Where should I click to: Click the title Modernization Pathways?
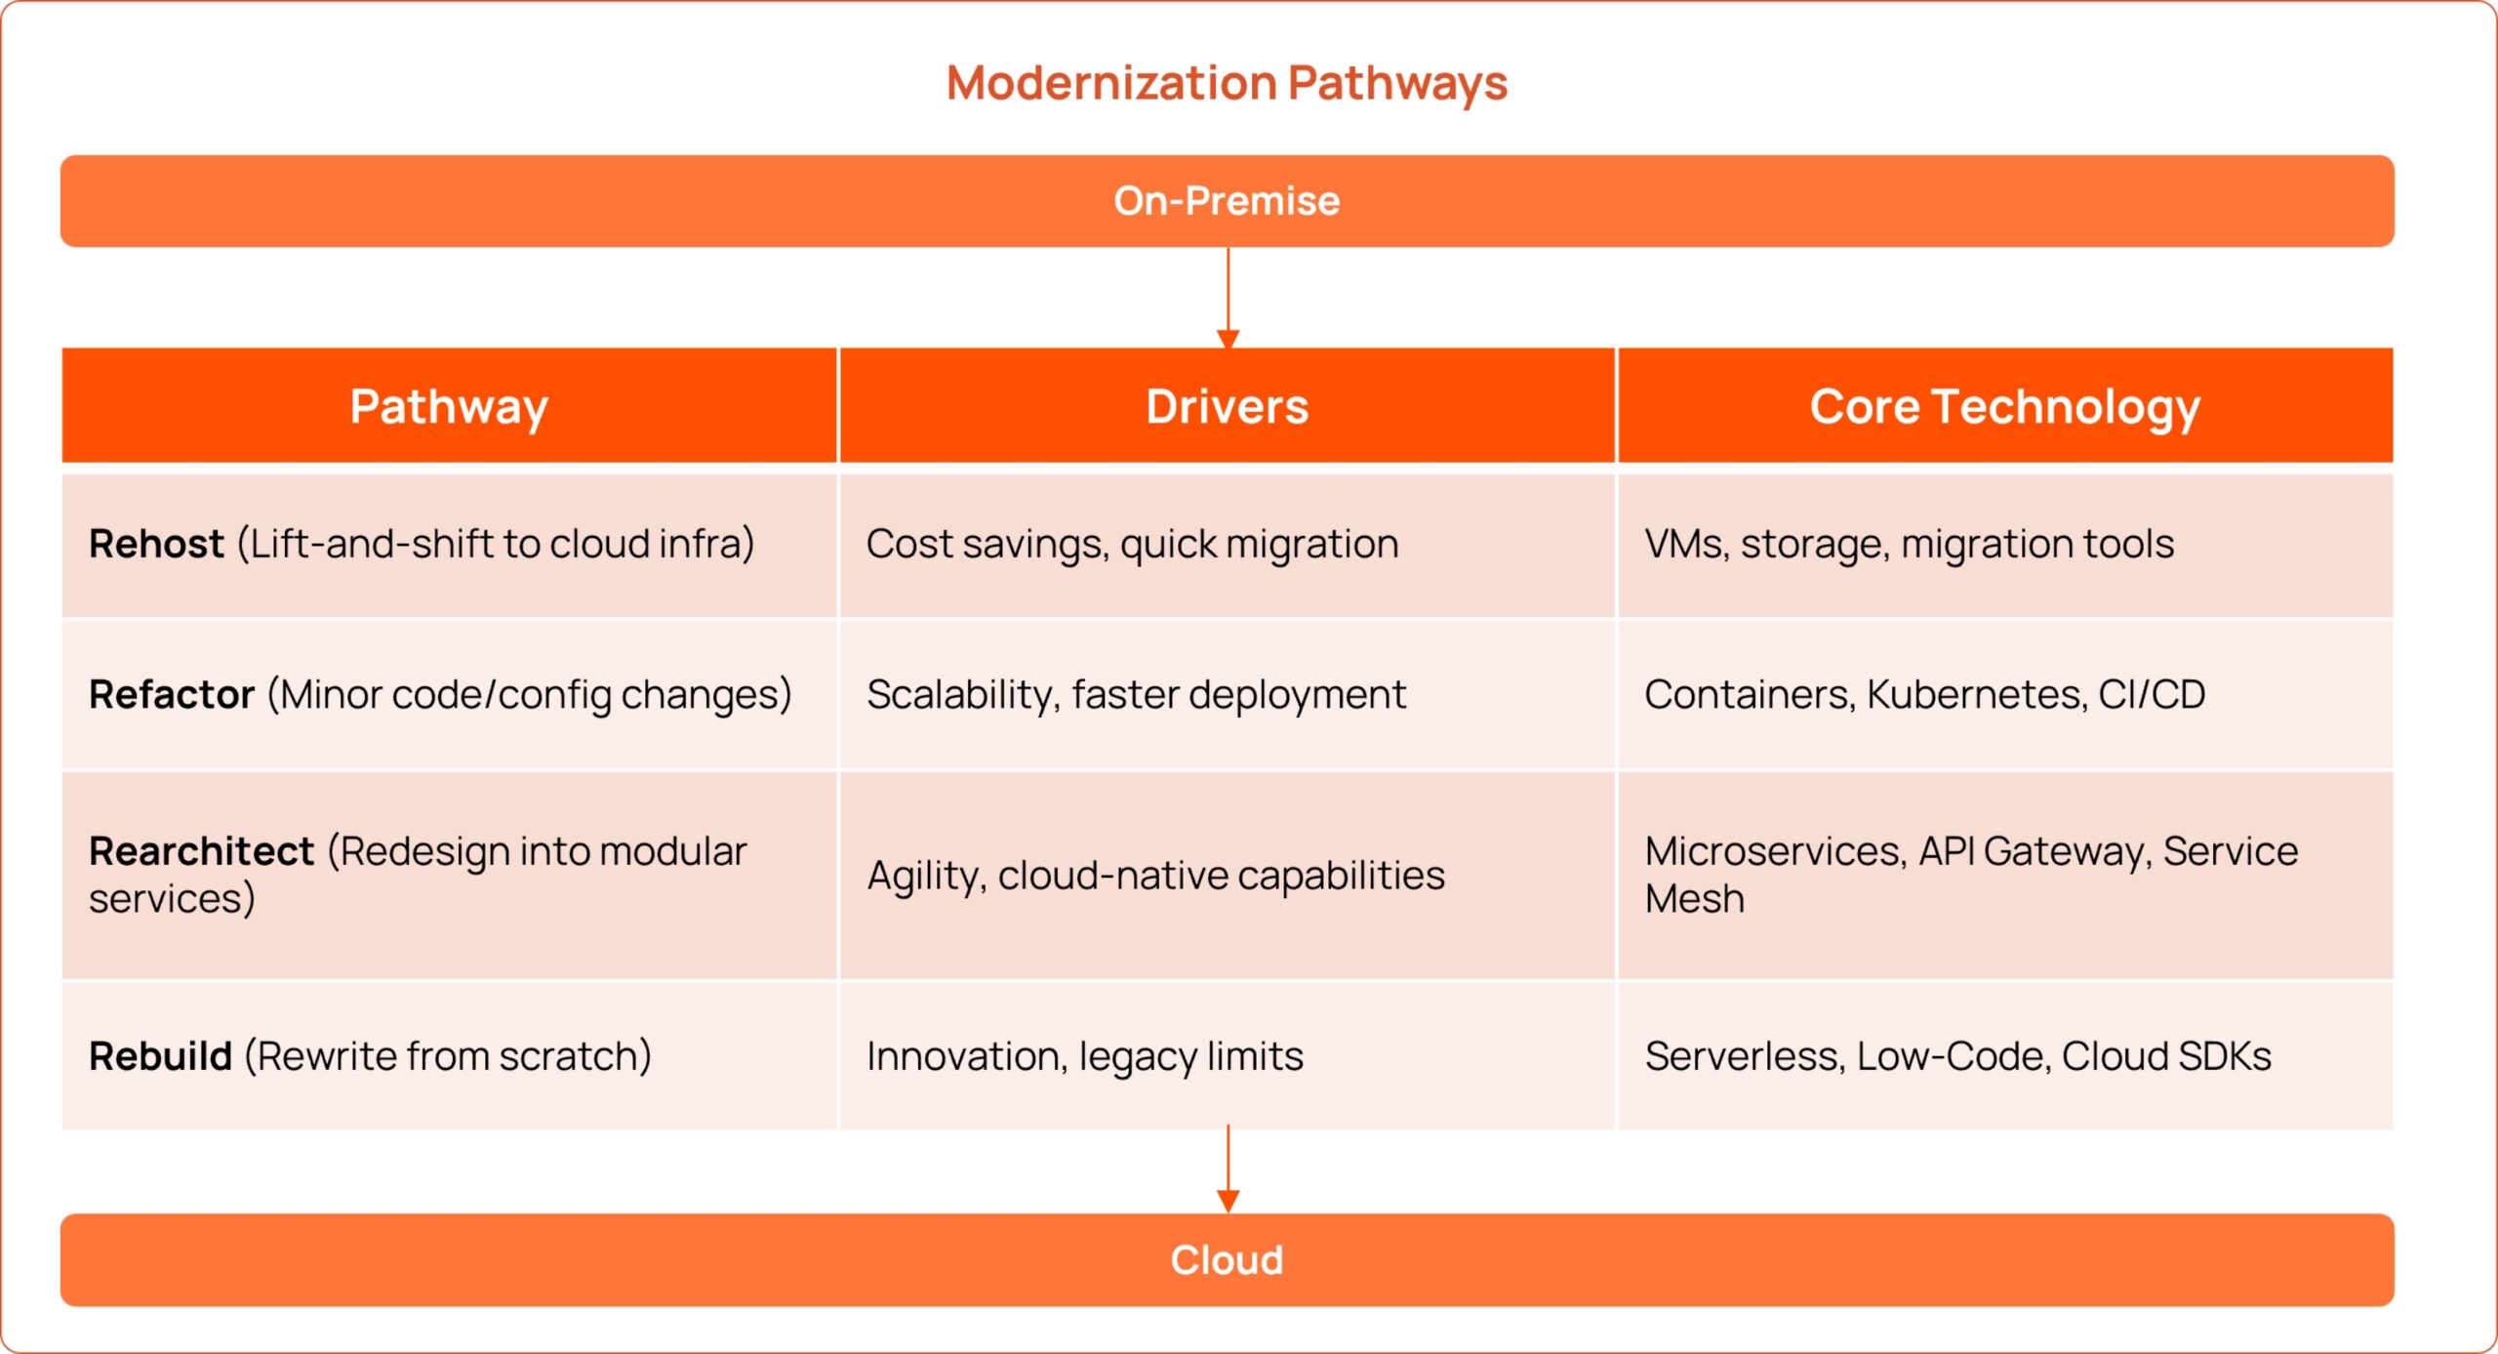1227,83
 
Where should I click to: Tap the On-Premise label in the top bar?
1227,201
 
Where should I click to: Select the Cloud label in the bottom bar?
1227,1260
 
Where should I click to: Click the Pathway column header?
449,406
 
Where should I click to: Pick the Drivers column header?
1227,406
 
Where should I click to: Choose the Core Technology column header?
2004,406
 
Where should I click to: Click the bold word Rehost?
156,544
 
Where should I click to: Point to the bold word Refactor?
172,695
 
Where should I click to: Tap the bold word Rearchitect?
201,851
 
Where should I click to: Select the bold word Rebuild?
160,1056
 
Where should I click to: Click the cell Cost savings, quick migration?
1132,544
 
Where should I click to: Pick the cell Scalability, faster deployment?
1136,695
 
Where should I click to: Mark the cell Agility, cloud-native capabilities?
1155,876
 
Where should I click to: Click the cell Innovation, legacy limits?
1084,1056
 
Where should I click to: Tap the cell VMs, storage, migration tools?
1909,544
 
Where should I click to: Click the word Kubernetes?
1976,695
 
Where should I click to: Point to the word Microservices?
1775,851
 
